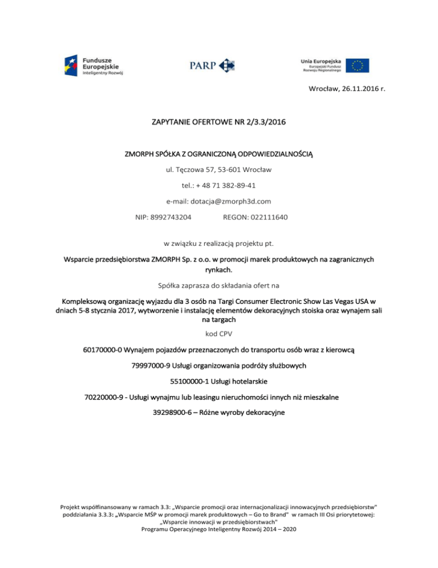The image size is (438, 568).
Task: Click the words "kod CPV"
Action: pyautogui.click(x=218, y=333)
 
